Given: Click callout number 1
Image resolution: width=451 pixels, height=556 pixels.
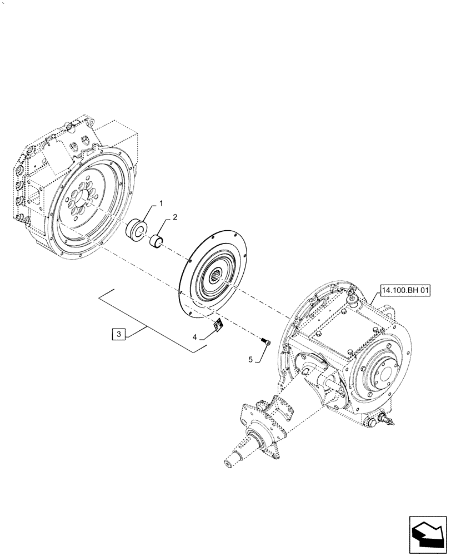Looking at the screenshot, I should pyautogui.click(x=161, y=204).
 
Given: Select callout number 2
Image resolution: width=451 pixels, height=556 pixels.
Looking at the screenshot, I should pyautogui.click(x=174, y=218).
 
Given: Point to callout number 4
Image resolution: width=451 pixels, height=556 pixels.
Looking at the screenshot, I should pyautogui.click(x=194, y=336).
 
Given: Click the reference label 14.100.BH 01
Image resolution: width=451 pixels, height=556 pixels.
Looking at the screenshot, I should pyautogui.click(x=406, y=290).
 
